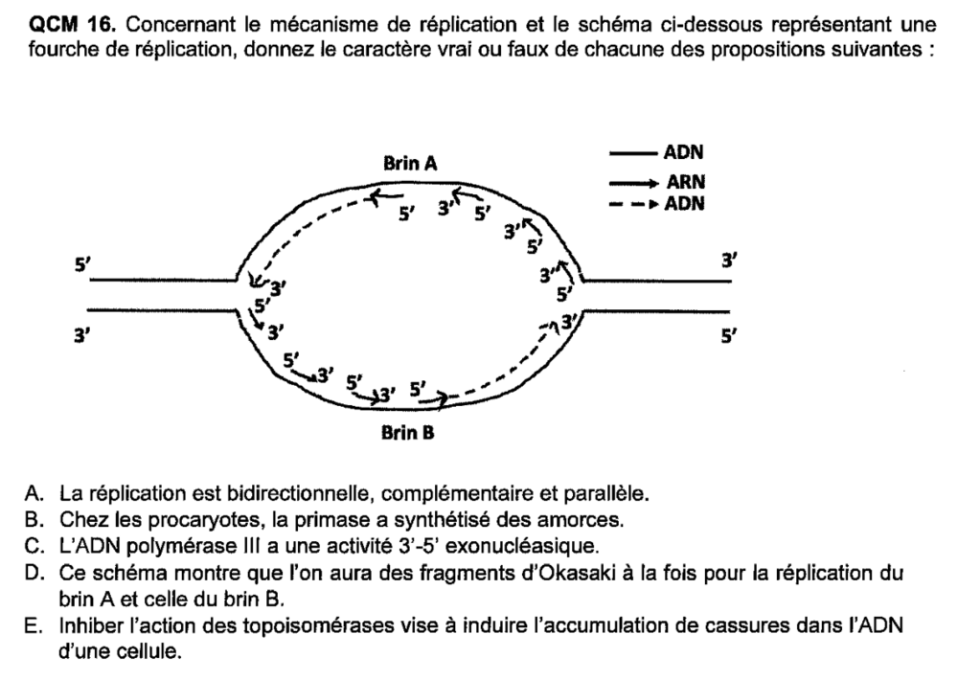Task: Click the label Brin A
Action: click(x=410, y=164)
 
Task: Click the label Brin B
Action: click(x=407, y=433)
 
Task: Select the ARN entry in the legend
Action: click(x=686, y=182)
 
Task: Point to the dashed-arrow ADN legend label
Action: click(x=684, y=203)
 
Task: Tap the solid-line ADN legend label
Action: click(x=684, y=152)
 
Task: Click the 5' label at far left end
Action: click(x=81, y=264)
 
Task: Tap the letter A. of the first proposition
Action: click(x=34, y=493)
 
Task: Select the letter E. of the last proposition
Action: click(x=33, y=625)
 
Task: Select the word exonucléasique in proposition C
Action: click(x=522, y=546)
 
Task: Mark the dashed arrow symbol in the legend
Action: click(x=634, y=204)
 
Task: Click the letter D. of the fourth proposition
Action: click(x=34, y=573)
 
